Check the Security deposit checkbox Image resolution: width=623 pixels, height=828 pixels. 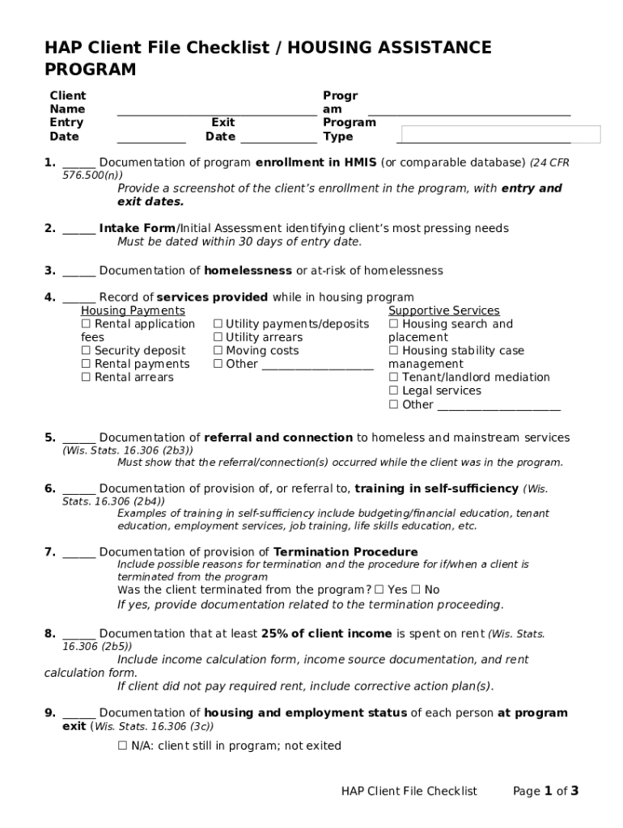tap(86, 351)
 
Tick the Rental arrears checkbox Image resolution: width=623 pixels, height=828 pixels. tap(86, 378)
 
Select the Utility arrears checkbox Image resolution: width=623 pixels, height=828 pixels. tap(218, 338)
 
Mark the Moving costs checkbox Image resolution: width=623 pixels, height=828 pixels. tap(218, 351)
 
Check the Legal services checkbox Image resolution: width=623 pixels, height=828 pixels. tap(393, 391)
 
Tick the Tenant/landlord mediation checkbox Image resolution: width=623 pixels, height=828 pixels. tap(393, 378)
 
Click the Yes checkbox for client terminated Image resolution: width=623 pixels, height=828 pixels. tap(379, 590)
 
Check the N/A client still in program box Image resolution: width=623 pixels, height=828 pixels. tap(123, 746)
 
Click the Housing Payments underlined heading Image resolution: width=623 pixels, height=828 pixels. tap(133, 311)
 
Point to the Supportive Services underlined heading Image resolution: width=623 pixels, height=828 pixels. tap(443, 311)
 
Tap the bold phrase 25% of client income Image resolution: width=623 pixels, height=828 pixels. tap(327, 634)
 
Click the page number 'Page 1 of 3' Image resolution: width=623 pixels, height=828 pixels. tap(545, 791)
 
